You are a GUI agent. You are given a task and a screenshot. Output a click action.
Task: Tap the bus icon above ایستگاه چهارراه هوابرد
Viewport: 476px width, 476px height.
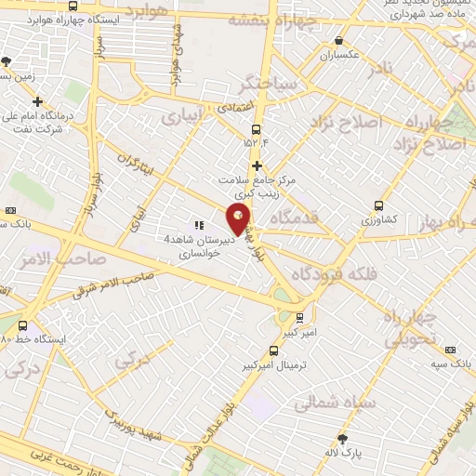(x=73, y=7)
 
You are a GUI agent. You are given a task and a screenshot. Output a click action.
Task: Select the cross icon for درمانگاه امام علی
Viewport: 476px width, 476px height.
(x=37, y=102)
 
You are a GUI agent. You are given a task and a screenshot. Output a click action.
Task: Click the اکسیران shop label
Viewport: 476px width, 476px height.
(x=339, y=55)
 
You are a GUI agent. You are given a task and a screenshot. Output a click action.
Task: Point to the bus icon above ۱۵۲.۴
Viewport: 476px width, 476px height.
(x=257, y=129)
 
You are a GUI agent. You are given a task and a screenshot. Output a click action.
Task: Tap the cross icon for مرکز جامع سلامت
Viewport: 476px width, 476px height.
(x=257, y=165)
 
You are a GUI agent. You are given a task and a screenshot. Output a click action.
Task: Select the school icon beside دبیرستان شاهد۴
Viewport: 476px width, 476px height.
(x=198, y=224)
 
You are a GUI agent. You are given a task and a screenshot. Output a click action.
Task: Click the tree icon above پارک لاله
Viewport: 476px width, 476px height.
(x=343, y=439)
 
